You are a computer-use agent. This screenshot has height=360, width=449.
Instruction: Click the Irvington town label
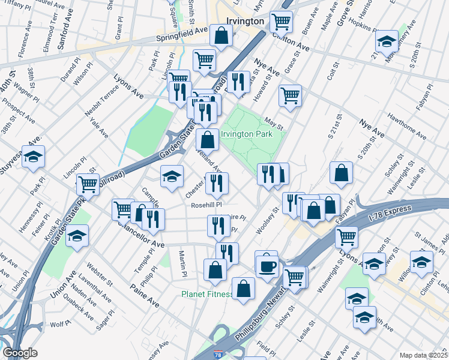click(246, 21)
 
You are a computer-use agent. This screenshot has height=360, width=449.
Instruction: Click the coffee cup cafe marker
click(268, 265)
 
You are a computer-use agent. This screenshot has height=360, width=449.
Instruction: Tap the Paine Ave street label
click(145, 296)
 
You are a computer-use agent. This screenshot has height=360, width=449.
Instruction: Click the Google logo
click(20, 353)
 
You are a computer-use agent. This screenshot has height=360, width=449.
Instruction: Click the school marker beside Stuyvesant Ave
click(34, 156)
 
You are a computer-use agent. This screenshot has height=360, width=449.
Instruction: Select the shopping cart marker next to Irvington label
click(281, 22)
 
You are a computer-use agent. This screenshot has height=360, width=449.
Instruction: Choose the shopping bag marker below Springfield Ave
click(221, 37)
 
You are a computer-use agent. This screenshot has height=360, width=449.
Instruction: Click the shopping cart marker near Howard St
click(291, 95)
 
